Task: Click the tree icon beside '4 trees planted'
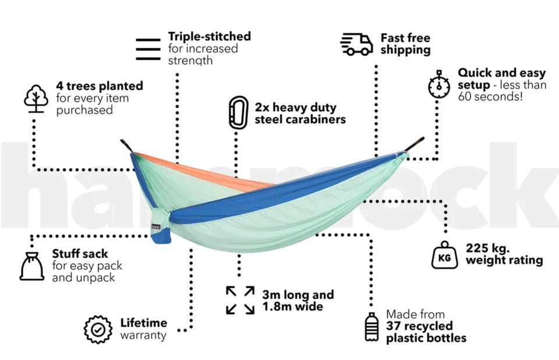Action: coord(36,98)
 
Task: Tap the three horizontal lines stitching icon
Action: coord(148,50)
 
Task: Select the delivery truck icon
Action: coord(356,44)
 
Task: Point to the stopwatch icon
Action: coord(439,84)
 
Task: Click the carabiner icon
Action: coord(239,112)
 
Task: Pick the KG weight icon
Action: coord(444,255)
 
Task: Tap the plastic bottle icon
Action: coord(372,327)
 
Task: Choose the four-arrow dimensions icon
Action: coord(240,300)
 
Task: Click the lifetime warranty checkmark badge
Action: coord(98,329)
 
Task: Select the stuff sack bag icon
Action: coord(31,266)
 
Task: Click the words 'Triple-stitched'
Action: coord(210,36)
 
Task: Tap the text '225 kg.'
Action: coord(488,248)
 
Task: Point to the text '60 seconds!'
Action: coord(490,97)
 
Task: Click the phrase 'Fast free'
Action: coord(405,38)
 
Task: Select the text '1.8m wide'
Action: coord(293,306)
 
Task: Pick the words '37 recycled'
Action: coord(419,326)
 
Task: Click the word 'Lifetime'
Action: coord(144,323)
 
